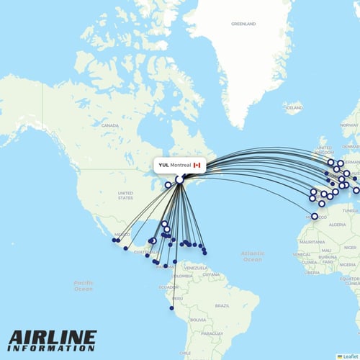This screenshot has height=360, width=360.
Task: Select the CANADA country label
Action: (109, 125)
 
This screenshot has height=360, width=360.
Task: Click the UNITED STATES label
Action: (125, 194)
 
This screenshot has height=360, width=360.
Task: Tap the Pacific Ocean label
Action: (84, 286)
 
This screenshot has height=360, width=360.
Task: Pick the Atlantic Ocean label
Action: (252, 256)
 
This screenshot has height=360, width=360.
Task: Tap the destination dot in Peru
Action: (172, 308)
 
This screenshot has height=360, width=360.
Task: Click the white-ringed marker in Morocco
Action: (314, 216)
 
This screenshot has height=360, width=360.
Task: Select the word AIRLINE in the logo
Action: (52, 338)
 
